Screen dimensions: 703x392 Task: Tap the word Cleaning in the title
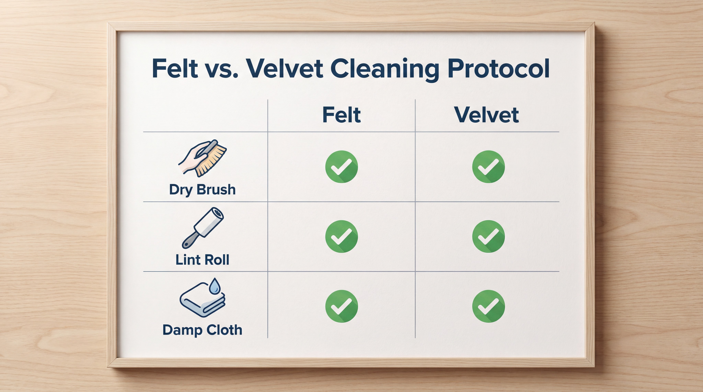pos(384,69)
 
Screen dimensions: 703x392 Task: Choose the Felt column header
pos(341,115)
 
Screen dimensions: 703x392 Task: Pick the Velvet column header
pos(486,115)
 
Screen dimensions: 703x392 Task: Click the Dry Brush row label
pos(202,190)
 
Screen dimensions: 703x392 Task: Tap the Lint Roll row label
pos(202,260)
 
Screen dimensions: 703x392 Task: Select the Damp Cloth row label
pos(202,330)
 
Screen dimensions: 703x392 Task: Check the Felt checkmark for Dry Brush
pos(341,167)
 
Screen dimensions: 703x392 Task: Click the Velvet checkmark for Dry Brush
pos(488,167)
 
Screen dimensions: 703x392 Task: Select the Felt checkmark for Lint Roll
pos(341,236)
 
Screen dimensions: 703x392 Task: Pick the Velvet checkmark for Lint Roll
pos(488,236)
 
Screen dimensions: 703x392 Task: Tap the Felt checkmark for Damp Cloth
pos(341,306)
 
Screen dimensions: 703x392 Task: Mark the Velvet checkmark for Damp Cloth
pos(488,306)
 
